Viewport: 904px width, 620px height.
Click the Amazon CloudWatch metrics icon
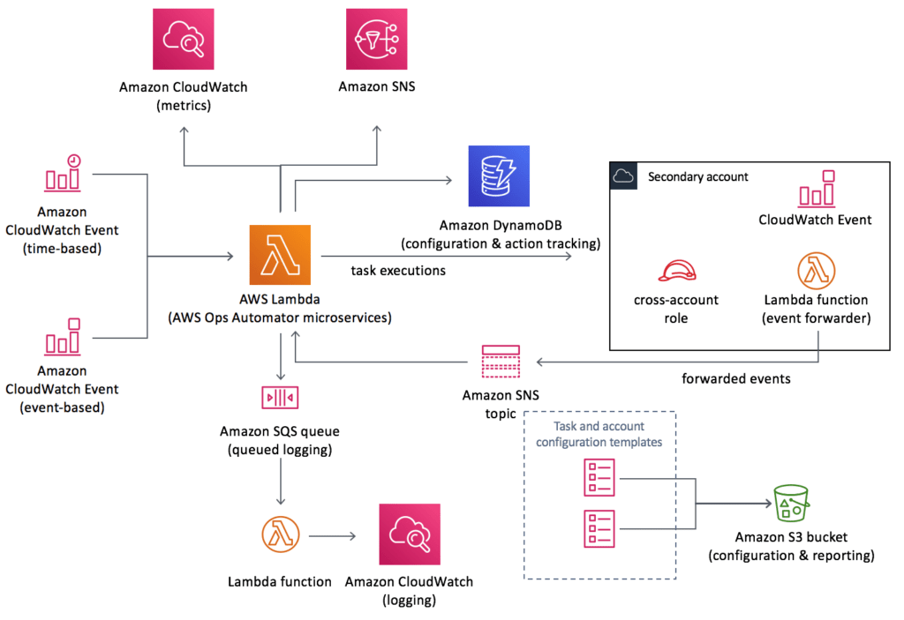pyautogui.click(x=184, y=39)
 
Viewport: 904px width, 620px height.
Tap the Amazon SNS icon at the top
pyautogui.click(x=377, y=39)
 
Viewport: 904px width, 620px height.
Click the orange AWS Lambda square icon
pyautogui.click(x=280, y=256)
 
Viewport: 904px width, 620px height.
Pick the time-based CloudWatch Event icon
pyautogui.click(x=62, y=173)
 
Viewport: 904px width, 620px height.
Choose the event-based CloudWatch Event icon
pyautogui.click(x=62, y=337)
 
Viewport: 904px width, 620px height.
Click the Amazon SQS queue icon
pyautogui.click(x=280, y=398)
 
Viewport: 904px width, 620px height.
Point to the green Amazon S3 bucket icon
pyautogui.click(x=791, y=504)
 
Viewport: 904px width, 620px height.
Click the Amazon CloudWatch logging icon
pyautogui.click(x=409, y=534)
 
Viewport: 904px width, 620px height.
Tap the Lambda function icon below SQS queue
pyautogui.click(x=280, y=534)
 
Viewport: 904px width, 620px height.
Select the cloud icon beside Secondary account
pyautogui.click(x=623, y=176)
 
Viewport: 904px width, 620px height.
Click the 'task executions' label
pyautogui.click(x=398, y=271)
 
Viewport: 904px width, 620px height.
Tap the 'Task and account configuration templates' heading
pyautogui.click(x=599, y=434)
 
